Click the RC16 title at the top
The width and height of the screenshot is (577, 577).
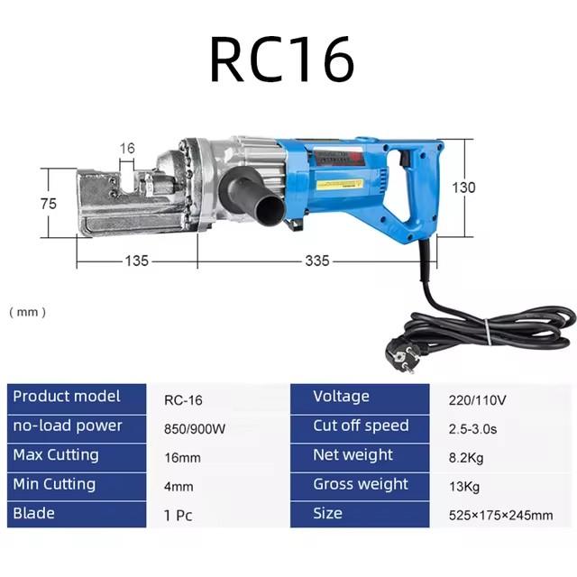[x=282, y=59]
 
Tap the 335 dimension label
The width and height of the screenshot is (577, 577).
[x=317, y=261]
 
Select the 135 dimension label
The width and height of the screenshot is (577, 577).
[x=137, y=261]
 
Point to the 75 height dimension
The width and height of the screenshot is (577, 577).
[x=49, y=204]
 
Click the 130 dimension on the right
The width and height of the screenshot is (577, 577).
[x=463, y=188]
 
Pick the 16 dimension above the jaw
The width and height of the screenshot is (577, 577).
[x=127, y=148]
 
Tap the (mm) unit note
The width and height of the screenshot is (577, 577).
[x=28, y=312]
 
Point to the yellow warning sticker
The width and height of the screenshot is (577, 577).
[x=340, y=184]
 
